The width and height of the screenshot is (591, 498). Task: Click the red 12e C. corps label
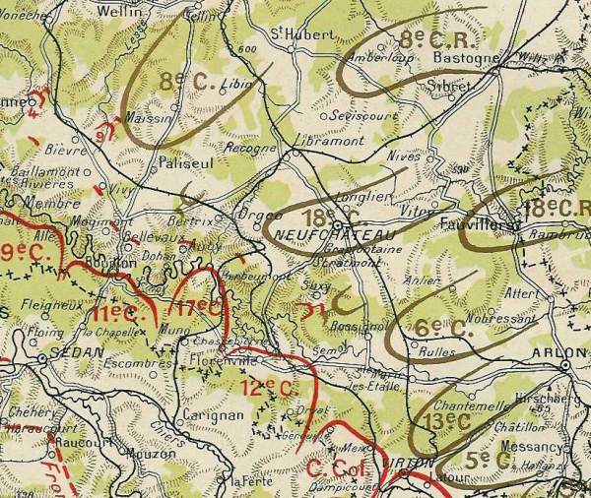tap(269, 387)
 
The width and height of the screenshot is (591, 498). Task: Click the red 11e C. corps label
tap(117, 314)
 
